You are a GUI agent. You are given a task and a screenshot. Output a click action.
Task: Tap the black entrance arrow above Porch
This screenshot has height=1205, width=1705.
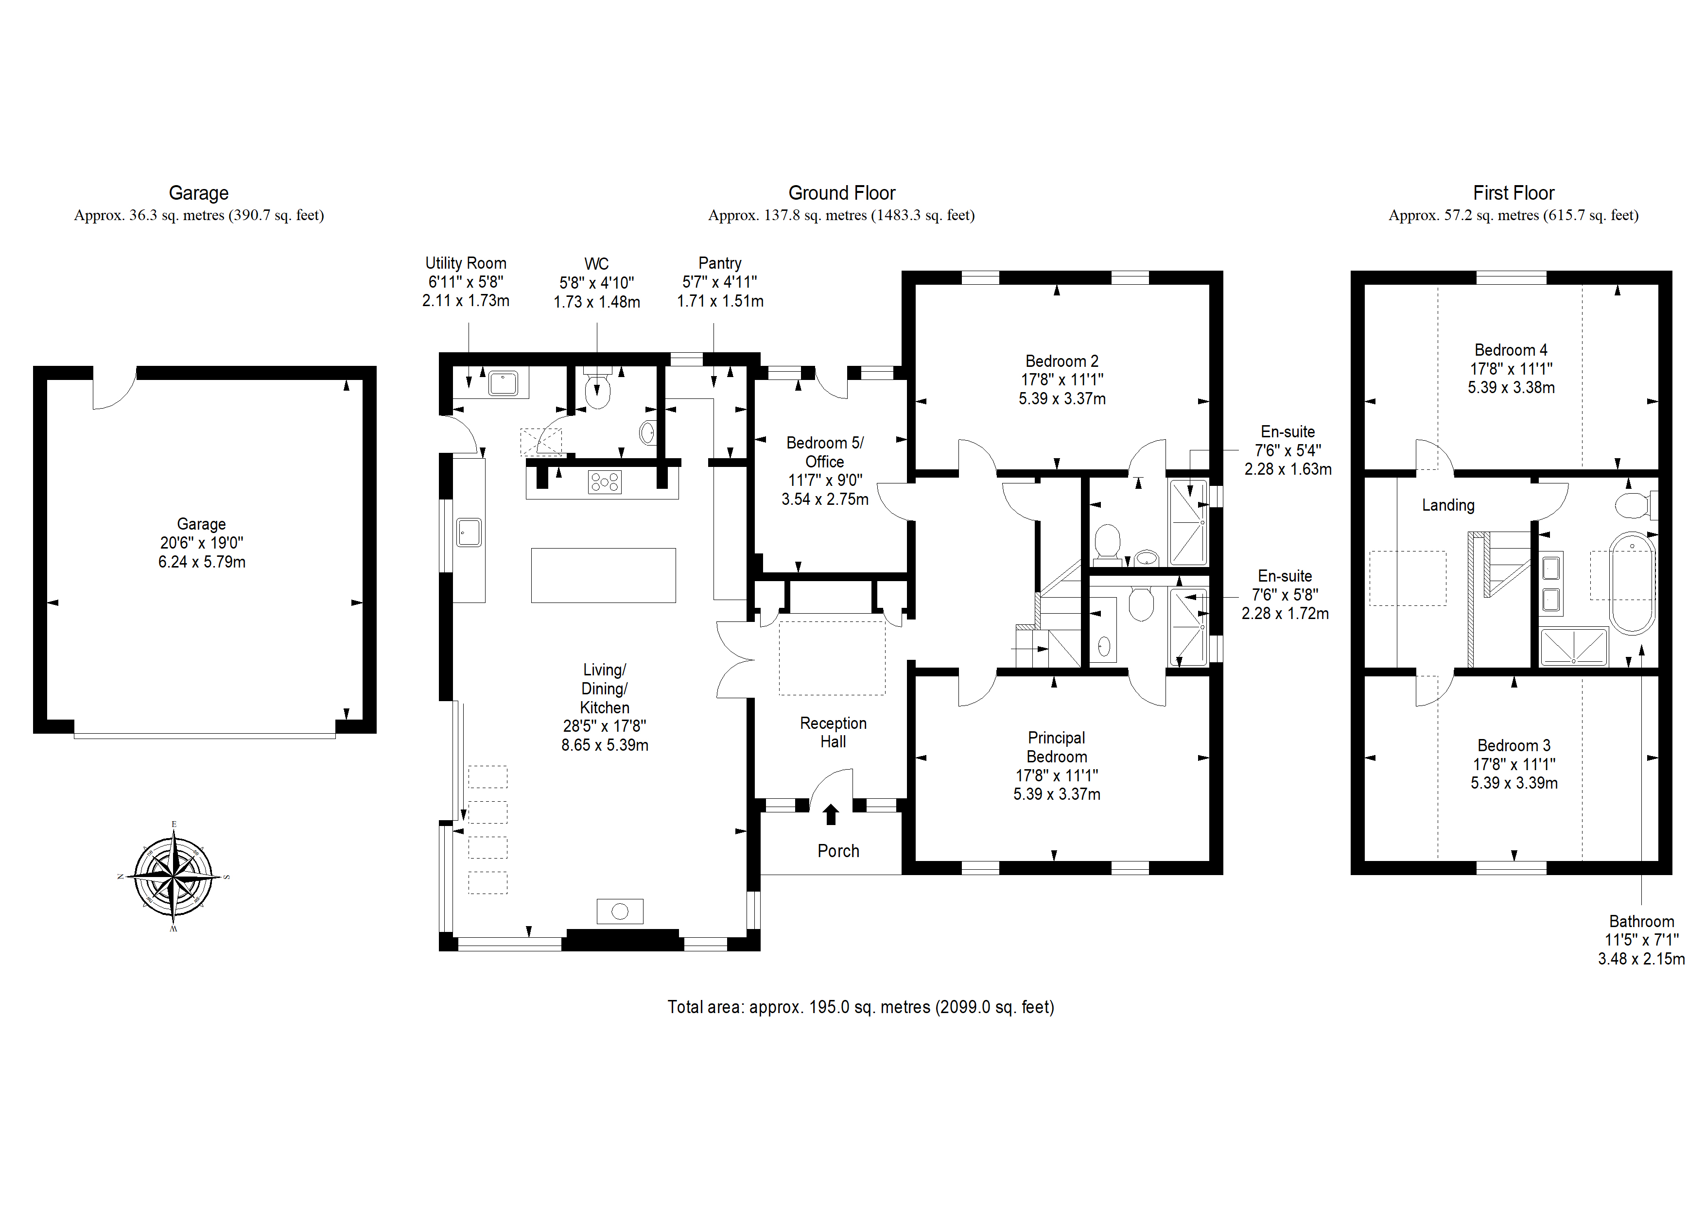831,814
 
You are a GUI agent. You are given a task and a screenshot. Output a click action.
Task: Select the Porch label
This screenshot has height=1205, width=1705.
838,851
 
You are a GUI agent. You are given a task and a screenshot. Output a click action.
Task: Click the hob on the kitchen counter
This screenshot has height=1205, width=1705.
605,482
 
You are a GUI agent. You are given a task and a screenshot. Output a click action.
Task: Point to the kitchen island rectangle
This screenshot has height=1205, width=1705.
603,575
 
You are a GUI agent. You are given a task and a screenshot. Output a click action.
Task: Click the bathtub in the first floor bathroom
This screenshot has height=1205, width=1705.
1632,583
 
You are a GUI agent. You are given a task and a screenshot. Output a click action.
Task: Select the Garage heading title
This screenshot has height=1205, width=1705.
198,193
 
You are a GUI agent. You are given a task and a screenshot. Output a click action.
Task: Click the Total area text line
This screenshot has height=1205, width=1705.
861,1007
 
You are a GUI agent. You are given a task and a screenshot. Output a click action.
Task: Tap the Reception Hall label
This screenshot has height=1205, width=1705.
833,732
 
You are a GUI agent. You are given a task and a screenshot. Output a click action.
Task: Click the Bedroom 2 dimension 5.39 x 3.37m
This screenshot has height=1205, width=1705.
1062,399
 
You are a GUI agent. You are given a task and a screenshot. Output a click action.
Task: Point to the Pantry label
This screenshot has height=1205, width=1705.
720,263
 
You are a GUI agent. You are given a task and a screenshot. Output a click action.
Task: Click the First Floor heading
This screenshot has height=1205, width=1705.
1514,193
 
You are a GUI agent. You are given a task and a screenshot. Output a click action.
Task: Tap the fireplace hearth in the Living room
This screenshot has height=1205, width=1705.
620,911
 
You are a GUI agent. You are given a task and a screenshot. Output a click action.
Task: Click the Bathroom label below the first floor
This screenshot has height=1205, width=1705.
1642,921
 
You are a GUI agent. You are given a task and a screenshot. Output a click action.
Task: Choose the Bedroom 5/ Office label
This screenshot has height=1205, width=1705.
825,452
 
